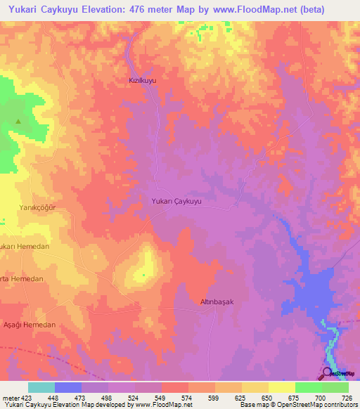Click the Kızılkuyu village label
141,81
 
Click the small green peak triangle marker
18,121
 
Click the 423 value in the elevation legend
27,398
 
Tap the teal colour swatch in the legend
41,387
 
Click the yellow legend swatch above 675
281,387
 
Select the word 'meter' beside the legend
9,398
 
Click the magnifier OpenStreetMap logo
327,372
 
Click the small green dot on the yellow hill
144,275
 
